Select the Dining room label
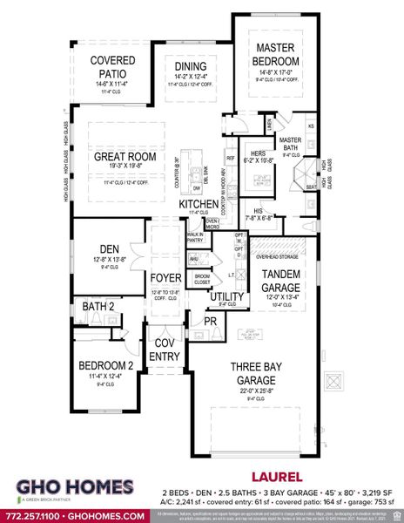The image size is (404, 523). click(190, 66)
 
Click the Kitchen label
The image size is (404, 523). click(198, 204)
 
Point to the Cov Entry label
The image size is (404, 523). click(165, 349)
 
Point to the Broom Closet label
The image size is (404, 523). click(202, 279)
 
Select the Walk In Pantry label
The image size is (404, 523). click(195, 238)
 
